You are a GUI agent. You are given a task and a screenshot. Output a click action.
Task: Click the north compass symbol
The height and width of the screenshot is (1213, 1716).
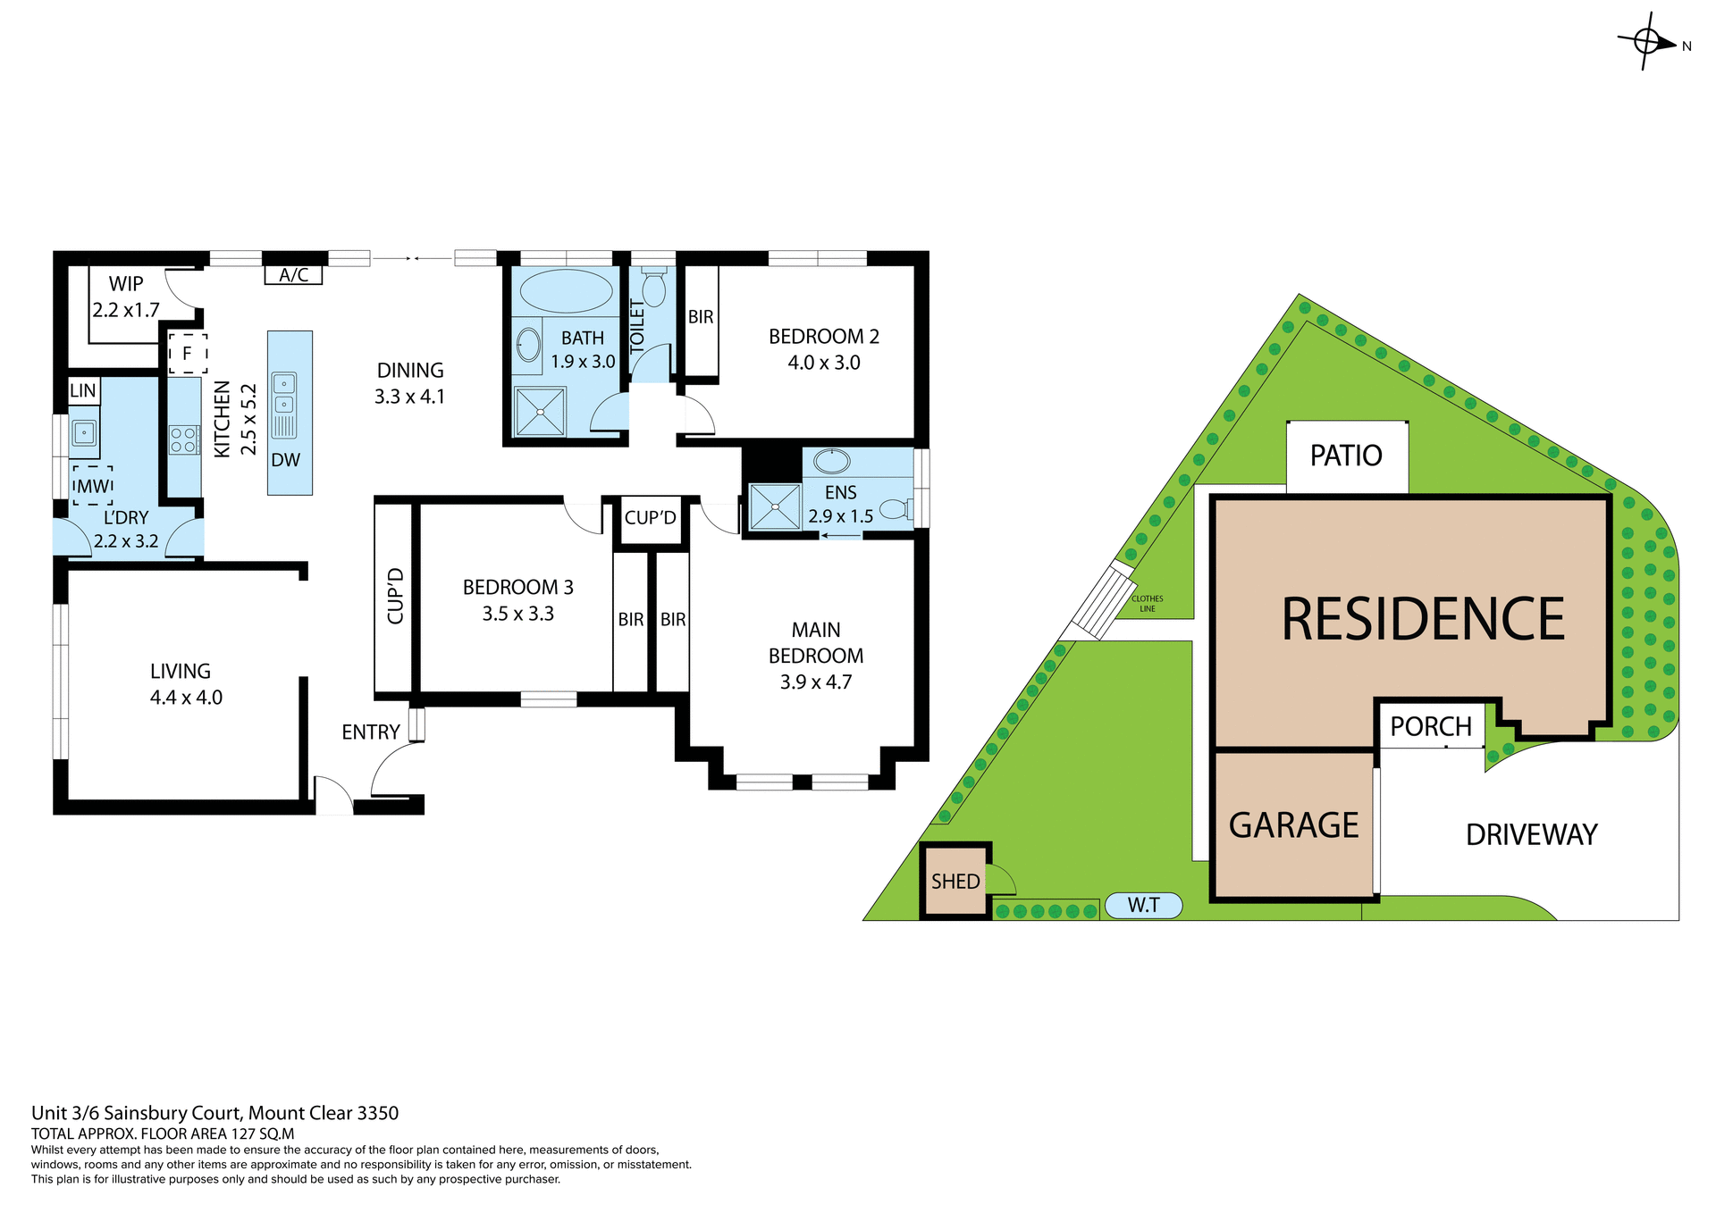(1647, 41)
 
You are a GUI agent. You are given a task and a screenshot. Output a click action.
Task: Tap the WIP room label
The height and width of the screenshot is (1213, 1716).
(126, 284)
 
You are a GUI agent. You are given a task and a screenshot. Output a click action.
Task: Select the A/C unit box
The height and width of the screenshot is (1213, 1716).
(293, 275)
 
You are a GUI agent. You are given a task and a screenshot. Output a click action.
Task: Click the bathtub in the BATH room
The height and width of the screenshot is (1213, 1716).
(566, 290)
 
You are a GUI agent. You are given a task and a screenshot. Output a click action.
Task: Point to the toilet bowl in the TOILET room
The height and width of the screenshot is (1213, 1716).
(653, 289)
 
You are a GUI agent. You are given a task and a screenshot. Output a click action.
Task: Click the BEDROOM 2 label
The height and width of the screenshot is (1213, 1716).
(823, 337)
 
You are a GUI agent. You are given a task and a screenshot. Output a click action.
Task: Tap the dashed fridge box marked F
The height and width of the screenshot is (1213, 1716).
(188, 354)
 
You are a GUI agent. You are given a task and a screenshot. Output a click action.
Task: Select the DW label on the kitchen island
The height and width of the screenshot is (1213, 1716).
(286, 460)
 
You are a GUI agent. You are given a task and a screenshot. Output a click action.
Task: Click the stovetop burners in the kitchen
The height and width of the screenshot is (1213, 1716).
(183, 440)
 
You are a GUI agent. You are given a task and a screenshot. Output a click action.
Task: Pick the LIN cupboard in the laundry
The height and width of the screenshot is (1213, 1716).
(83, 390)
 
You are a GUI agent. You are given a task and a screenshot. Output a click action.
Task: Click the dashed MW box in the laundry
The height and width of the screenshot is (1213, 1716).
(93, 486)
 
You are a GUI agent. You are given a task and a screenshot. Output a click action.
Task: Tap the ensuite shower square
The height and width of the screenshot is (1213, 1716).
(774, 507)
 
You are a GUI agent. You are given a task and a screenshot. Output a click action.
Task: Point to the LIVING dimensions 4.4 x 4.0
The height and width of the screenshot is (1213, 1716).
(186, 698)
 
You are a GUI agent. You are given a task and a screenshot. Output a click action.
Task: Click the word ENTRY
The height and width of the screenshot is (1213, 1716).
(370, 732)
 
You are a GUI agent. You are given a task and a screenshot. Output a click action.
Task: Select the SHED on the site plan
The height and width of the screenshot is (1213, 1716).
(955, 882)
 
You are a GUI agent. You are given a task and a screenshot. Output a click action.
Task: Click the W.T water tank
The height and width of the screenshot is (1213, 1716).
(1143, 906)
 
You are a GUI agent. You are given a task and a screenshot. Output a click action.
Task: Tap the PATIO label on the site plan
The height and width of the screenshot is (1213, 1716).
(1346, 456)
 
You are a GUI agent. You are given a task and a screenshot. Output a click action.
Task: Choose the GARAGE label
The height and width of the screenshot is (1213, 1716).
(1293, 825)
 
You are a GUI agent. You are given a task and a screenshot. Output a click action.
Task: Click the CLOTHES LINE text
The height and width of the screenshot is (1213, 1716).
(1148, 604)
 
